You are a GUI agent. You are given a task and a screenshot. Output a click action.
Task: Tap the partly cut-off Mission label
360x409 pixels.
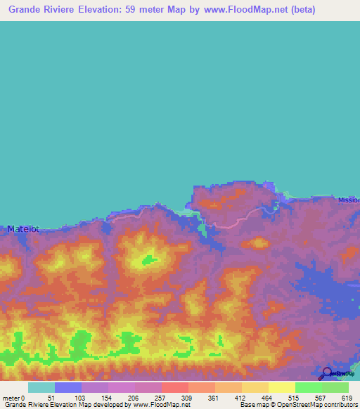click(348, 200)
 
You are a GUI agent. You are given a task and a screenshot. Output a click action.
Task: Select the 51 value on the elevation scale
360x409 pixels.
click(49, 397)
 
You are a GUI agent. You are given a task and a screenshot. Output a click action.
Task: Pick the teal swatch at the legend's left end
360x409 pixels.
click(41, 387)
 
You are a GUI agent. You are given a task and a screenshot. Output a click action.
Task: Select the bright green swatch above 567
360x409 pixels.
click(308, 387)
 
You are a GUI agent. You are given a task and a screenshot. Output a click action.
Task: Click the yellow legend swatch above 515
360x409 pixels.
click(281, 387)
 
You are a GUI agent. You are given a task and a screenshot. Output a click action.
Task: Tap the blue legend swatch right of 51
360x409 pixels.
click(67, 387)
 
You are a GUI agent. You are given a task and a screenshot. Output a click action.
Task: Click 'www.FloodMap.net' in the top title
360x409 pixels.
click(239, 10)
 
